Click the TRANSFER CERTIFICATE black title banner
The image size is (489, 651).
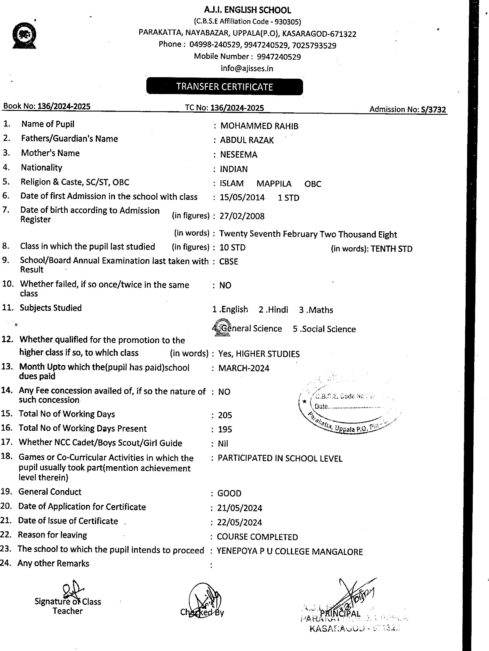[224, 87]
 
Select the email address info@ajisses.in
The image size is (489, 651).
[247, 68]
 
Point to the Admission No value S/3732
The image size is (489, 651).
[433, 110]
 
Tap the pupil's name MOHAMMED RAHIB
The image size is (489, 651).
[259, 126]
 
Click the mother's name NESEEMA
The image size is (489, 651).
[239, 155]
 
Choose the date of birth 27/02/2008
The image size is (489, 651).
[242, 216]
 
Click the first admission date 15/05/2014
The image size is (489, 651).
[242, 198]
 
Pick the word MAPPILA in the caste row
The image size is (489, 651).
[274, 184]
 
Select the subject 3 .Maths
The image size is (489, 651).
[316, 310]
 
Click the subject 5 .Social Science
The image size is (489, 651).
[324, 329]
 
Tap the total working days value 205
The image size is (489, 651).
[225, 415]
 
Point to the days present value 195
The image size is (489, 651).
[225, 429]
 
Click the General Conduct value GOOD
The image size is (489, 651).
[229, 493]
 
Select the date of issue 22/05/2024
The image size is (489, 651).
[239, 522]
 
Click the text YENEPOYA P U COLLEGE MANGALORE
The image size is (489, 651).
[290, 552]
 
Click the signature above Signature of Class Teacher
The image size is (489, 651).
[72, 590]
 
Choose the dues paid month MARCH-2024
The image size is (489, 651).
[244, 368]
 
